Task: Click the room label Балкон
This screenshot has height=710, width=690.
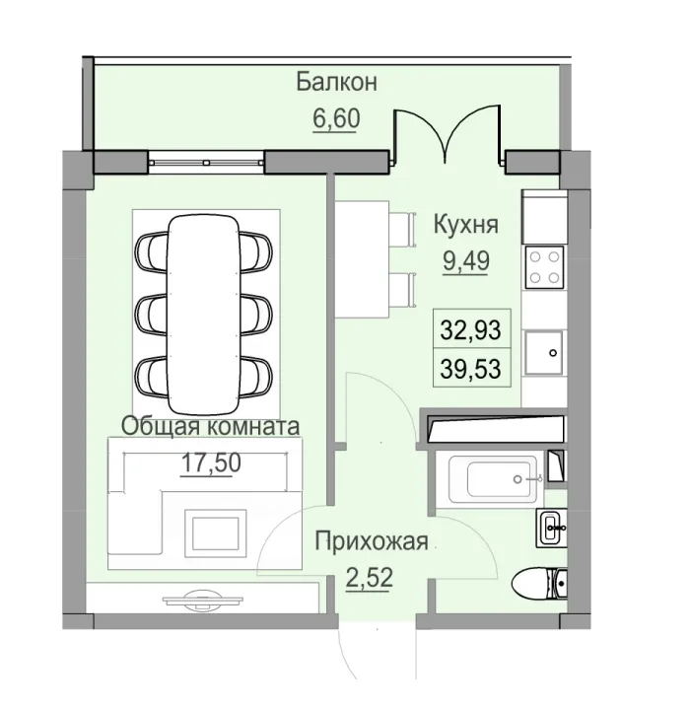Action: click(x=337, y=81)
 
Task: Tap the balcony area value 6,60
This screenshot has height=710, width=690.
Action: click(x=336, y=119)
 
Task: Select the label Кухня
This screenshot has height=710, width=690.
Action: click(x=466, y=225)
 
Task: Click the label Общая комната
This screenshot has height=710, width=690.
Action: click(x=210, y=426)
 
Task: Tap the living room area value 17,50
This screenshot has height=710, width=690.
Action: click(x=210, y=462)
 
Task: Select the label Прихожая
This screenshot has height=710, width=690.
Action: click(x=371, y=540)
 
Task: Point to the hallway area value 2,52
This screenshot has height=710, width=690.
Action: click(x=370, y=576)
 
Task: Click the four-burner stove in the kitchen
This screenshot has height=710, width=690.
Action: click(x=543, y=264)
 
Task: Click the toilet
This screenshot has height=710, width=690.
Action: click(x=540, y=585)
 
